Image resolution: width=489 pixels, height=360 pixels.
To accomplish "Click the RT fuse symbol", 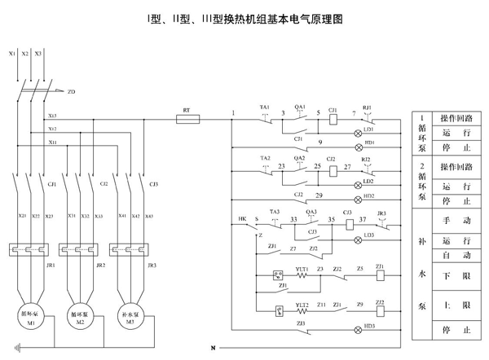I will click(188, 118).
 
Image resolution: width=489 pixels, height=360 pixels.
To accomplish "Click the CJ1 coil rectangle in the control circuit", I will click(333, 118).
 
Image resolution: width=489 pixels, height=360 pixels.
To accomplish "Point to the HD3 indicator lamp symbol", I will click(357, 329).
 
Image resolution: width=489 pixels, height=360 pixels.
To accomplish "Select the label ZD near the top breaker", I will click(72, 92).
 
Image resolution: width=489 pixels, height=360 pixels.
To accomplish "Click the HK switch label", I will click(242, 219).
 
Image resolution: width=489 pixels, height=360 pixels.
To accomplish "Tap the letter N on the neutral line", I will click(214, 349).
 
